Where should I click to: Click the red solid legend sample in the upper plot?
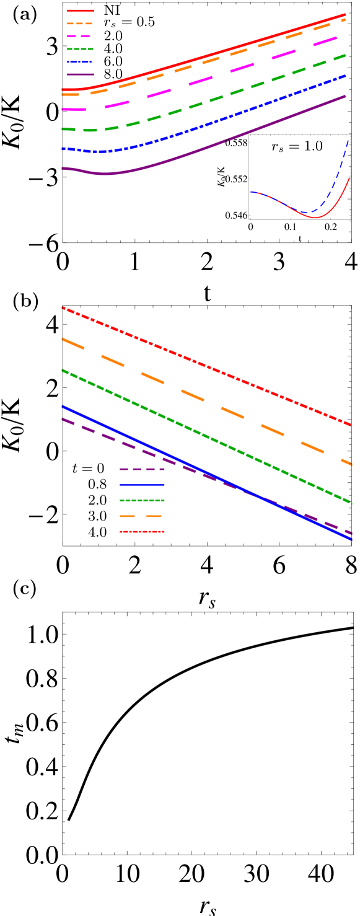(81, 11)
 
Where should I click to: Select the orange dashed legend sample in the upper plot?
(80, 23)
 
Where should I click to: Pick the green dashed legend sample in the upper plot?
(80, 48)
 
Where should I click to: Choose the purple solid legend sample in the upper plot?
(81, 74)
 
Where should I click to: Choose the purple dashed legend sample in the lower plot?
(142, 469)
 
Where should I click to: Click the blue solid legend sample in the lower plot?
(142, 484)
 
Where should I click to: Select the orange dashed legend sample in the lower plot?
(142, 516)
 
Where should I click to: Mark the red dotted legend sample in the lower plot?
(142, 532)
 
